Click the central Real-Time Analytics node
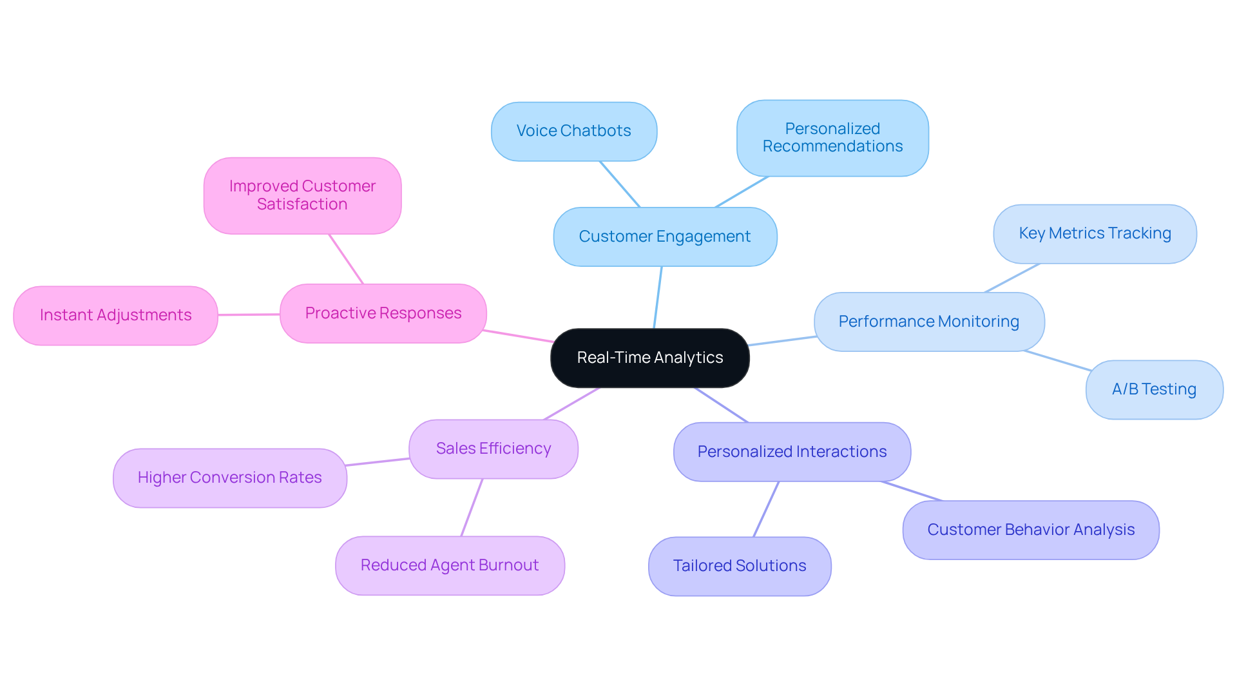(649, 358)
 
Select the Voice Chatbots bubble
(573, 131)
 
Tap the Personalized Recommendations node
(832, 138)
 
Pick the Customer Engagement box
(664, 237)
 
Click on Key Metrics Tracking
(1094, 233)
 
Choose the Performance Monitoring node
(928, 322)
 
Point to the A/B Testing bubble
(1153, 389)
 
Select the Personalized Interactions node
(791, 452)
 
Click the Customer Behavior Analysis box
(1030, 530)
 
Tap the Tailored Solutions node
(739, 566)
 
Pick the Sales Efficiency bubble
(493, 449)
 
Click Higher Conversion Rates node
(229, 478)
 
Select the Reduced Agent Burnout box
(449, 565)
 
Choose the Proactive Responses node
(383, 313)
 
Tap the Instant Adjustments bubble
(115, 315)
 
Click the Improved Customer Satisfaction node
(302, 195)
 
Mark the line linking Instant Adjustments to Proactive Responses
(249, 315)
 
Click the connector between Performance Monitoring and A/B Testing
(1057, 360)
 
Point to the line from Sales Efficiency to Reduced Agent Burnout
(472, 507)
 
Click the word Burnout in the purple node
(508, 565)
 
